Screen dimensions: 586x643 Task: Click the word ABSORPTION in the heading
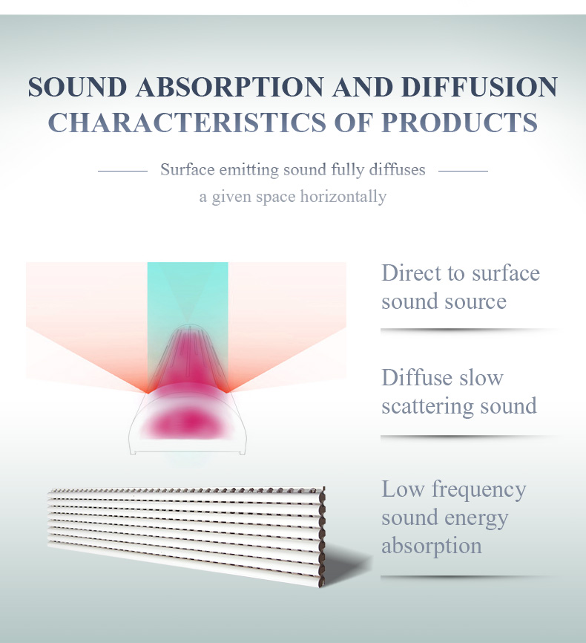tap(230, 87)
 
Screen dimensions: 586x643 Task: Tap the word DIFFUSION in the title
tap(479, 87)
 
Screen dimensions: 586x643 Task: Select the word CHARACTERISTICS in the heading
tap(187, 123)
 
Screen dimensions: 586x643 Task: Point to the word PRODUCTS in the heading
tap(459, 123)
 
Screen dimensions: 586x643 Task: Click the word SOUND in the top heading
tap(77, 87)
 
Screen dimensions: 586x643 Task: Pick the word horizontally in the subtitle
tap(343, 197)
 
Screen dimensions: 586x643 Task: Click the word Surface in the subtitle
tap(187, 169)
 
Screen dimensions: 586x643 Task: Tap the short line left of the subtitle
tap(122, 171)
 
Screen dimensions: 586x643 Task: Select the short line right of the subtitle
tap(463, 171)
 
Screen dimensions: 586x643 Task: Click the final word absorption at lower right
tap(432, 546)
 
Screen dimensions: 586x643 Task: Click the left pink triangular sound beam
tap(86, 328)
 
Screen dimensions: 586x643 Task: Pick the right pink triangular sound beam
tap(287, 328)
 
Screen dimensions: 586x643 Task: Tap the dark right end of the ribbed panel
tap(322, 537)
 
